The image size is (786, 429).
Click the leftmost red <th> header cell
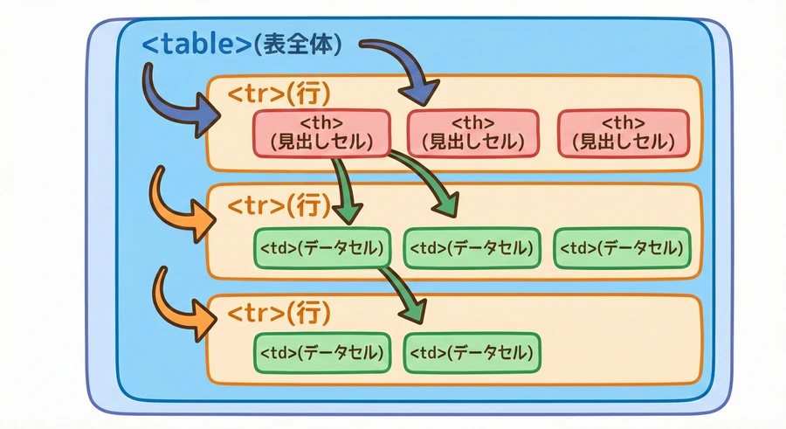pos(321,133)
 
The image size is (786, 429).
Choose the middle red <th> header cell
pos(472,133)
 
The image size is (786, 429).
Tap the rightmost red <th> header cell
pos(623,133)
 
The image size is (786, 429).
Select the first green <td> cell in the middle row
pos(320,248)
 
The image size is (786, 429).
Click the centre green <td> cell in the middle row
pos(470,248)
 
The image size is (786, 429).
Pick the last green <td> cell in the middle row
pos(622,248)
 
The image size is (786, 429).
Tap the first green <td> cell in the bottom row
pos(320,353)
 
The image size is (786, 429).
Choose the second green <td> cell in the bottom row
pos(472,353)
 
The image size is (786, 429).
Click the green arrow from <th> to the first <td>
pos(342,188)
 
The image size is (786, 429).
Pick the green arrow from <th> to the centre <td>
pos(428,179)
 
